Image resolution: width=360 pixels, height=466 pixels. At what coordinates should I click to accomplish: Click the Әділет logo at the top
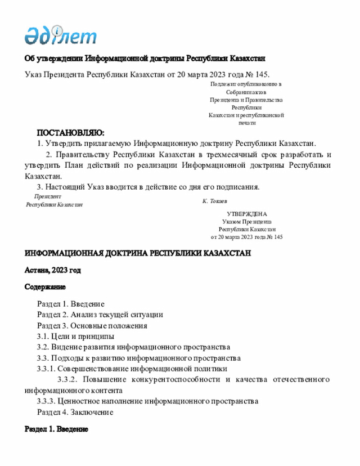click(x=60, y=35)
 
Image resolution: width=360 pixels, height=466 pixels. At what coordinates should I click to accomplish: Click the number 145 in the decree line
click(x=262, y=74)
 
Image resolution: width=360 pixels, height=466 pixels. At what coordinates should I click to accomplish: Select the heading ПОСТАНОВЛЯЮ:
click(x=70, y=133)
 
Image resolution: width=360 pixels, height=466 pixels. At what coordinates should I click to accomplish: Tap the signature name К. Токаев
click(x=215, y=200)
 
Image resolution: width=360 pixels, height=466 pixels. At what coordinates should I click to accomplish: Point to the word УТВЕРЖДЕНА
click(x=247, y=214)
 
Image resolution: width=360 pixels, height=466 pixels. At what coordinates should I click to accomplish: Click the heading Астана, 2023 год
click(x=53, y=270)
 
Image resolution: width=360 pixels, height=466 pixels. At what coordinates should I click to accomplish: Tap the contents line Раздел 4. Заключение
click(x=75, y=412)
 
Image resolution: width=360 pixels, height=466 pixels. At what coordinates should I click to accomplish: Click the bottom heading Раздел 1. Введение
click(x=56, y=429)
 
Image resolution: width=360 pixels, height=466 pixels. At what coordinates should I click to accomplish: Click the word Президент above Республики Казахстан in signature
click(x=47, y=196)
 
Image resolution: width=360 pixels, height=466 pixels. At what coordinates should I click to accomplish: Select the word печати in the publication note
click(x=246, y=122)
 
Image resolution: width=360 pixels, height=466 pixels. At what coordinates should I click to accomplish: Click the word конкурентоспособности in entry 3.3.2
click(x=175, y=379)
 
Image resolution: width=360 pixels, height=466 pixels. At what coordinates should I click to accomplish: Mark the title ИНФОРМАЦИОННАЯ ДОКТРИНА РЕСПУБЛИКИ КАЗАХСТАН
click(x=138, y=254)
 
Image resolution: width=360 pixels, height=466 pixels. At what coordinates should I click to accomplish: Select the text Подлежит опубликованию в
click(x=246, y=84)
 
